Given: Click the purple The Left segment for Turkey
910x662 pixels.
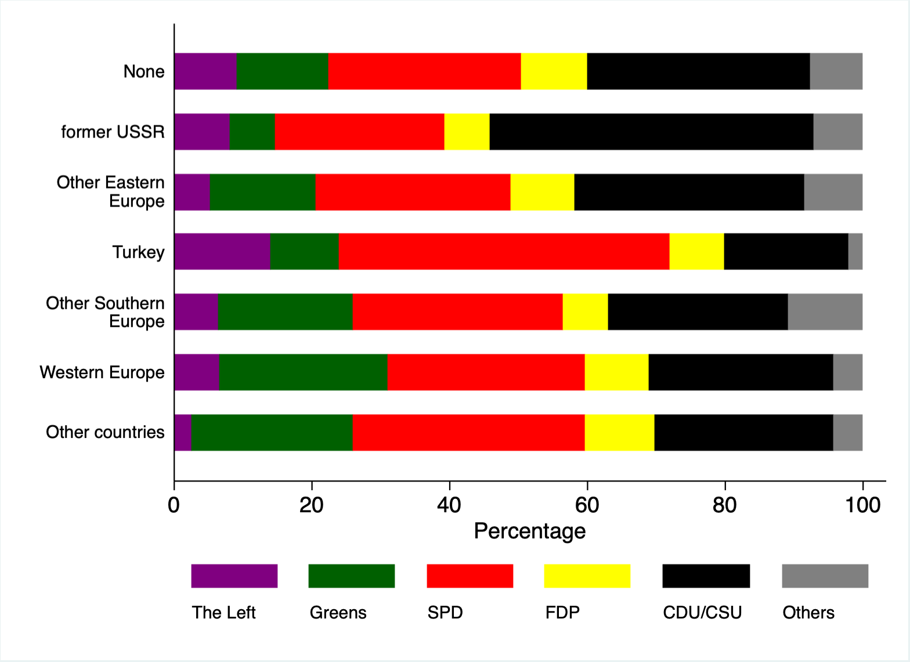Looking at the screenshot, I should [222, 251].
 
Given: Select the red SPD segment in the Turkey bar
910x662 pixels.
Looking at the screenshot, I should [504, 251].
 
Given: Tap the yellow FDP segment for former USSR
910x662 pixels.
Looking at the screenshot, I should [467, 132].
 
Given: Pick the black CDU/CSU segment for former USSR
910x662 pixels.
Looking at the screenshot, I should [651, 132].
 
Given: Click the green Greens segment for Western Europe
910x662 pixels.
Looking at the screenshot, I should [303, 372].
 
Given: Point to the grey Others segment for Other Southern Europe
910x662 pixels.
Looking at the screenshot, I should [825, 312].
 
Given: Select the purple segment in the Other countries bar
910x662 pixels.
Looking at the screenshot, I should [182, 432].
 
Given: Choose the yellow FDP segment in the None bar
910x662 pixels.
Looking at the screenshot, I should [554, 71].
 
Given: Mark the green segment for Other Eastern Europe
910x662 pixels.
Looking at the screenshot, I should [262, 191].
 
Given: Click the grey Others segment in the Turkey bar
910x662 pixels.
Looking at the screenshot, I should [855, 251].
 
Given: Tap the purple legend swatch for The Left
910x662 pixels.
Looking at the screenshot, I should [234, 576].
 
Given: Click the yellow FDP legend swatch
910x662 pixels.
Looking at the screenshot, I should [587, 576].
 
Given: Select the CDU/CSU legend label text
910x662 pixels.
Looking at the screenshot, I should [702, 613].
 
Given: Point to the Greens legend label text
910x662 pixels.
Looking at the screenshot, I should [338, 613].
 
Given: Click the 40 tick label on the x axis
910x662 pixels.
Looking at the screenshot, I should [449, 505].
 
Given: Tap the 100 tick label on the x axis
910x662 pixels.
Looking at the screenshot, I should [862, 505].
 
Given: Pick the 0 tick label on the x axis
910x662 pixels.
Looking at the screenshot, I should [174, 505].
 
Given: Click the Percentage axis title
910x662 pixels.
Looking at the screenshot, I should [529, 531].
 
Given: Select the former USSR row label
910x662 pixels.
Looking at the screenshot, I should [113, 132].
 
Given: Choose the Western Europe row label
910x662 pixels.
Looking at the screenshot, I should [102, 372].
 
